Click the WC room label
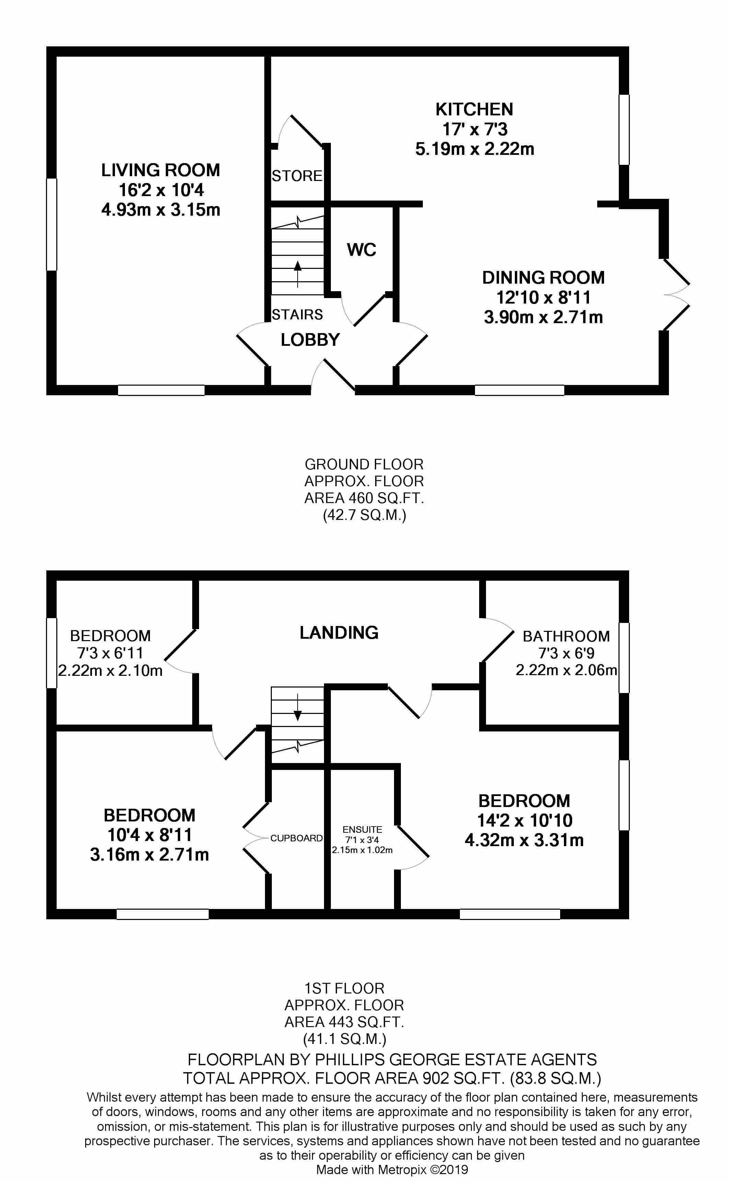pyautogui.click(x=362, y=250)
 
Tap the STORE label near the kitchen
pyautogui.click(x=297, y=176)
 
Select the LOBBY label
pyautogui.click(x=311, y=340)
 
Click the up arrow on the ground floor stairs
pyautogui.click(x=298, y=274)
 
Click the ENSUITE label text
pyautogui.click(x=362, y=829)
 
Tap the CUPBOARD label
pyautogui.click(x=297, y=838)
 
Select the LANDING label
pyautogui.click(x=339, y=633)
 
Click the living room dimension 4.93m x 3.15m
pyautogui.click(x=161, y=210)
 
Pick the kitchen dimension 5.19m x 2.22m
pyautogui.click(x=475, y=149)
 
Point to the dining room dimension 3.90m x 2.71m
pyautogui.click(x=543, y=317)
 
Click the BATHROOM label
pyautogui.click(x=567, y=637)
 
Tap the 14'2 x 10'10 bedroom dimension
pyautogui.click(x=524, y=820)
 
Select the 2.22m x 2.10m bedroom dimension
pyautogui.click(x=111, y=671)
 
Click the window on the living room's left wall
pyautogui.click(x=51, y=224)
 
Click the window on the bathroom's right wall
pyautogui.click(x=624, y=658)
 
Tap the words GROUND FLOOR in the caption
pyautogui.click(x=364, y=464)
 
